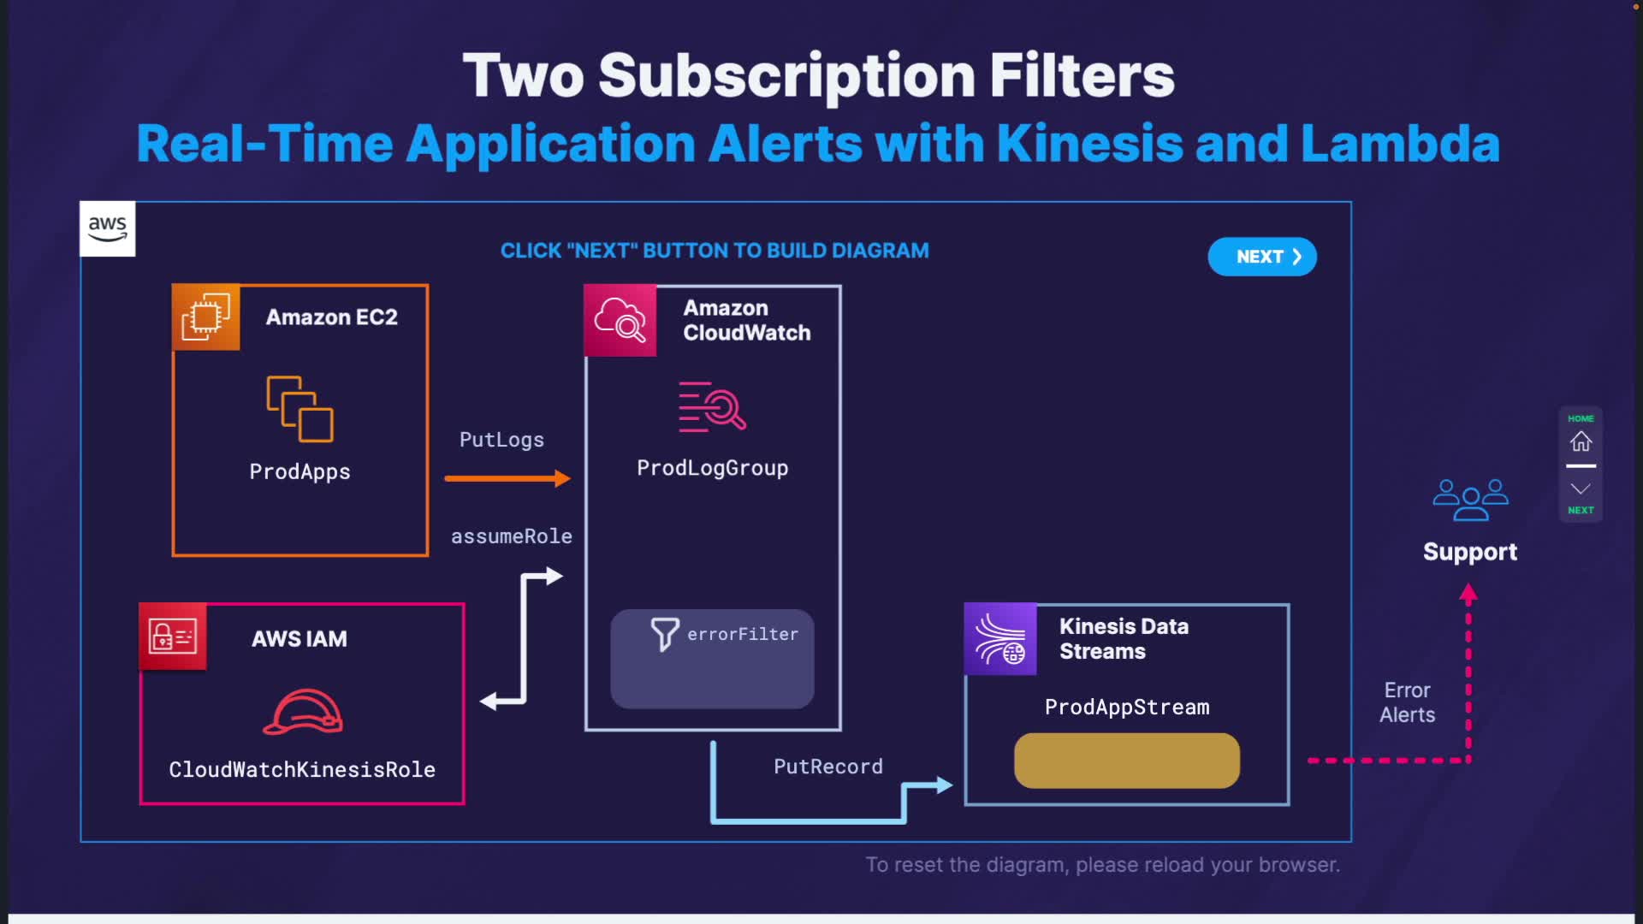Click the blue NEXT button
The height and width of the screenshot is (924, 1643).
1261,257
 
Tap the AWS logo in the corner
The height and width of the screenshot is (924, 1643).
107,228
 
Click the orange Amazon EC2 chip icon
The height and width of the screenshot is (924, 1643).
205,317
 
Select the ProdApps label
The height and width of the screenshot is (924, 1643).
300,471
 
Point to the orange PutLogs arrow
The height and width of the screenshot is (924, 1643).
507,478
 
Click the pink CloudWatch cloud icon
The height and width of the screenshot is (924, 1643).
620,320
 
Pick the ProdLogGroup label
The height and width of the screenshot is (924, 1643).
712,468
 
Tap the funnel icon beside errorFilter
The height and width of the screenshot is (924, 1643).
664,634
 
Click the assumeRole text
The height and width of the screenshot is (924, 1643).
511,536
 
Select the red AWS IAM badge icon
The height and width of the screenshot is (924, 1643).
173,637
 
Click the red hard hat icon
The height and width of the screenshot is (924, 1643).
303,712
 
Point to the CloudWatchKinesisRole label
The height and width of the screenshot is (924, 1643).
302,769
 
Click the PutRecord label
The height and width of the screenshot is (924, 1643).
827,767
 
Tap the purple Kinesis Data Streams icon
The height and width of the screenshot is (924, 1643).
999,639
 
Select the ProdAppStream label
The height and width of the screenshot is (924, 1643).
1127,707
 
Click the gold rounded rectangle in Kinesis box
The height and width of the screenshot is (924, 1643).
1126,761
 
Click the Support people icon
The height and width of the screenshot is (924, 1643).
1470,499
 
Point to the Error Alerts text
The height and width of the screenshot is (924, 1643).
1407,702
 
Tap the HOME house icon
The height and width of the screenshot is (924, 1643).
1581,441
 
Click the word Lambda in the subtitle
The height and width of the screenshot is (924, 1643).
1400,144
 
